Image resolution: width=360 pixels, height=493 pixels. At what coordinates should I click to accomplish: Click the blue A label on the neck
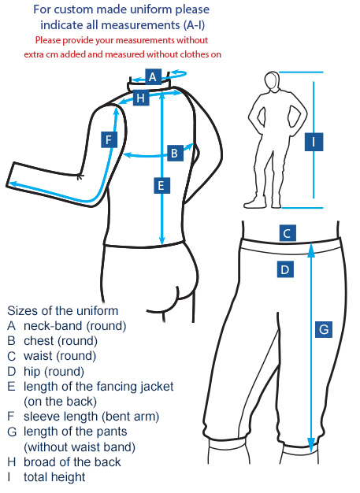153,76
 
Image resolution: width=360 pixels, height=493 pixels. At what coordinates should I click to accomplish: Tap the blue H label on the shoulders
141,98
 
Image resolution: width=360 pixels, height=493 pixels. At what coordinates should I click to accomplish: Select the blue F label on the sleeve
109,139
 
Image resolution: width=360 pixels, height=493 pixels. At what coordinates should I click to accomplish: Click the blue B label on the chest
175,153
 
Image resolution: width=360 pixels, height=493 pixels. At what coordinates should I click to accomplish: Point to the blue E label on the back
162,185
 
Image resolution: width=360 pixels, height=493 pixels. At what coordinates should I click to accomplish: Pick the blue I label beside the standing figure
314,142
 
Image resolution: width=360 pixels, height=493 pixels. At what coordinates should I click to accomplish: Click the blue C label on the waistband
288,233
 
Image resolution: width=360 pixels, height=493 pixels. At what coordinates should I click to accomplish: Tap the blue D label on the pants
285,269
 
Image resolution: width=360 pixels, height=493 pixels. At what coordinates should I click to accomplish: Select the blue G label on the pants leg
324,329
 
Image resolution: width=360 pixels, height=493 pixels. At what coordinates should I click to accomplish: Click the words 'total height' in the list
54,477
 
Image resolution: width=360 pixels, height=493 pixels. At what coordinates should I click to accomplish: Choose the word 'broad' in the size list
39,461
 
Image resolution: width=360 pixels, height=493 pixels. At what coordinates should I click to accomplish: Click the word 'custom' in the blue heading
73,9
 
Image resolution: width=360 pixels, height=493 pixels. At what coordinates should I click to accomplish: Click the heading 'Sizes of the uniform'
63,310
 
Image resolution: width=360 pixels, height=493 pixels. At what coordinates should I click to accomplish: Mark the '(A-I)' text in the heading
195,25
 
